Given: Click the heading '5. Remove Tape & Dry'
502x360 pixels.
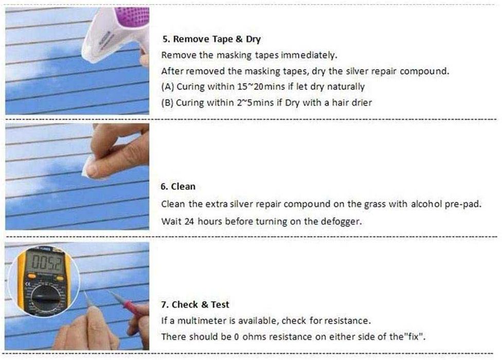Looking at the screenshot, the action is click(x=211, y=39).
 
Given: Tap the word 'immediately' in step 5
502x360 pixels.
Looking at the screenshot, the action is click(x=309, y=55).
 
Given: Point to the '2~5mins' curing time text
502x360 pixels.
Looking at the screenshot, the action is click(x=255, y=102).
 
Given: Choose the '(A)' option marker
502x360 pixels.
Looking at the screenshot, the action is click(x=168, y=87).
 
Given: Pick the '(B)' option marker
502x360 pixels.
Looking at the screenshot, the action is click(x=167, y=103).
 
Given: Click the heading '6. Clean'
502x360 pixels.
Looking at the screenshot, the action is click(x=178, y=187).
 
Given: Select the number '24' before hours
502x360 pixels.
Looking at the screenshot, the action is click(x=189, y=222).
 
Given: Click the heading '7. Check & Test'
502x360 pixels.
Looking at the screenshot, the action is click(x=195, y=304).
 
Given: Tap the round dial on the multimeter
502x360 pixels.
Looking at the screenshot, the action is click(x=44, y=298).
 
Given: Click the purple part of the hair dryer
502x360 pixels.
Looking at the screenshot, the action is click(x=134, y=16).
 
